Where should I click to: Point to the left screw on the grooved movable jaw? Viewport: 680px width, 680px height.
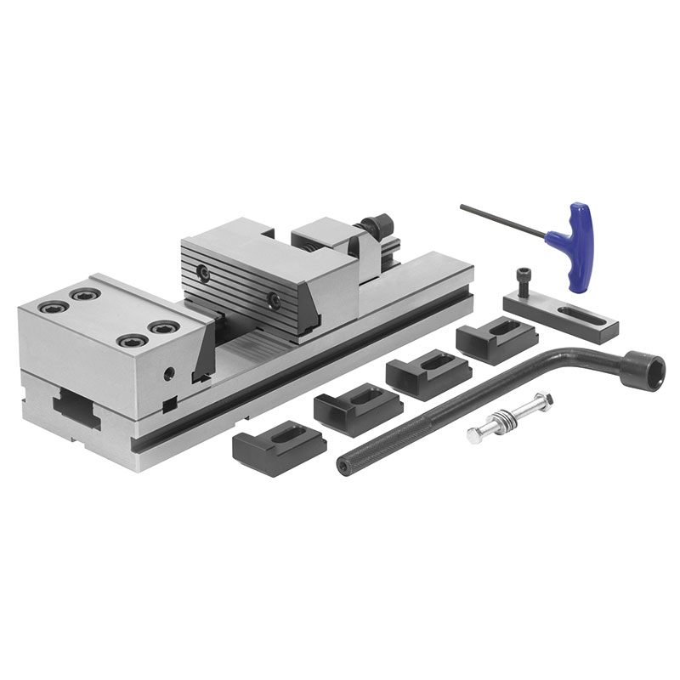204,272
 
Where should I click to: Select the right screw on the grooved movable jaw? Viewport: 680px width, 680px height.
274,299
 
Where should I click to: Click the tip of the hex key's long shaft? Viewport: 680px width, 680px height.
463,206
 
